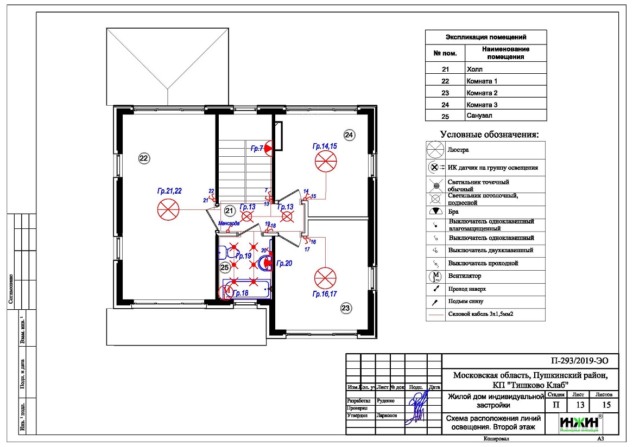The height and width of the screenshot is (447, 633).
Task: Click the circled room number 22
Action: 143,158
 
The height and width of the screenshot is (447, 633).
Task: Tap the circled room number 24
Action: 349,134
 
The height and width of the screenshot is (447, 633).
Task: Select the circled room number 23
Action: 346,309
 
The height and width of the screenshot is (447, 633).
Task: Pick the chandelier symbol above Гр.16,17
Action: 325,278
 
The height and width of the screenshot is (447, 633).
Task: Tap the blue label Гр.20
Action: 284,263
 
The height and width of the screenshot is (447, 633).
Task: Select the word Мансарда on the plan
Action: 229,223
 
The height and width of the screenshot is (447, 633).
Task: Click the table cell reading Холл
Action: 474,69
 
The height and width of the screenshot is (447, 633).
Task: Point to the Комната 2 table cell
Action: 482,93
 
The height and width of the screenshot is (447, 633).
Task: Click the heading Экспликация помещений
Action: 486,37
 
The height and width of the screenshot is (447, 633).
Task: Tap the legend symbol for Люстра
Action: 435,149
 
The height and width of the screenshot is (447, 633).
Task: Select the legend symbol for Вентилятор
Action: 435,276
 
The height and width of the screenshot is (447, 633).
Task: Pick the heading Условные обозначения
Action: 489,134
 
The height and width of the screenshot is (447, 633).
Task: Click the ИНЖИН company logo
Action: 579,423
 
